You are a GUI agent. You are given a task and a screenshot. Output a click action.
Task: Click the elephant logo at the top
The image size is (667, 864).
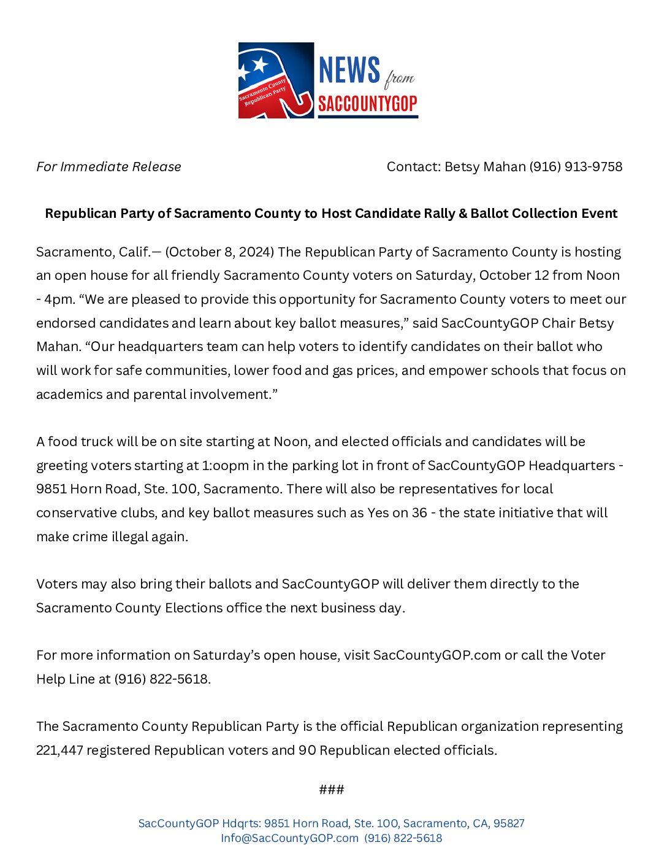[x=276, y=80]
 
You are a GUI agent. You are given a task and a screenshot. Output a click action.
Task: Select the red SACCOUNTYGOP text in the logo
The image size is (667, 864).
[x=367, y=104]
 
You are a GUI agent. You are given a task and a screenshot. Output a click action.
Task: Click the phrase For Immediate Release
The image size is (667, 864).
[x=109, y=167]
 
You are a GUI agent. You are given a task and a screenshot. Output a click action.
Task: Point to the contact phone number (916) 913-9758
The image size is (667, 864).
[x=576, y=167]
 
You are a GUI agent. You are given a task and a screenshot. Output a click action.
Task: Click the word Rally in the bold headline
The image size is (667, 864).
[x=432, y=214]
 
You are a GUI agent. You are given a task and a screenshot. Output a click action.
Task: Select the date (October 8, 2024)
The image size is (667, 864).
[x=220, y=252]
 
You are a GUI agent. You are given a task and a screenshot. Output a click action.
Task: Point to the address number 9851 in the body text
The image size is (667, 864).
[x=51, y=489]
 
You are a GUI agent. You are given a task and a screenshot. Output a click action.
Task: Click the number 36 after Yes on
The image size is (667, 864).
[x=419, y=513]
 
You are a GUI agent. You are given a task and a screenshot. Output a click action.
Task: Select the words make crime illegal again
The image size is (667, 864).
[x=112, y=537]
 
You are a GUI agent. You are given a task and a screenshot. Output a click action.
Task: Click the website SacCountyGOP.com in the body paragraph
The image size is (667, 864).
[x=436, y=655]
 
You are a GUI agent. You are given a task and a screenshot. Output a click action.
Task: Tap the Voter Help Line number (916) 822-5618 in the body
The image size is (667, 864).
[x=161, y=679]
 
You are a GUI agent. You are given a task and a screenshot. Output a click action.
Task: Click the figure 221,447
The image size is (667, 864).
[x=59, y=750]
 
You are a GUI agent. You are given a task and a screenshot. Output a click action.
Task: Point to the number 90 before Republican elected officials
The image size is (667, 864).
[x=307, y=750]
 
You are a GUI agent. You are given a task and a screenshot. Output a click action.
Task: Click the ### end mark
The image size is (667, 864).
[x=332, y=790]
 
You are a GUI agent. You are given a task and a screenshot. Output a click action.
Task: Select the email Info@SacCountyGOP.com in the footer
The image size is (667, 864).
[x=289, y=838]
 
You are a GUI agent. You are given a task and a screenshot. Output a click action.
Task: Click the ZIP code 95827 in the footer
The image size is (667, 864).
[x=509, y=823]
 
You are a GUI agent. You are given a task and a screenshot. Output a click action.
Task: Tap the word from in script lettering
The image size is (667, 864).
[x=400, y=78]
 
